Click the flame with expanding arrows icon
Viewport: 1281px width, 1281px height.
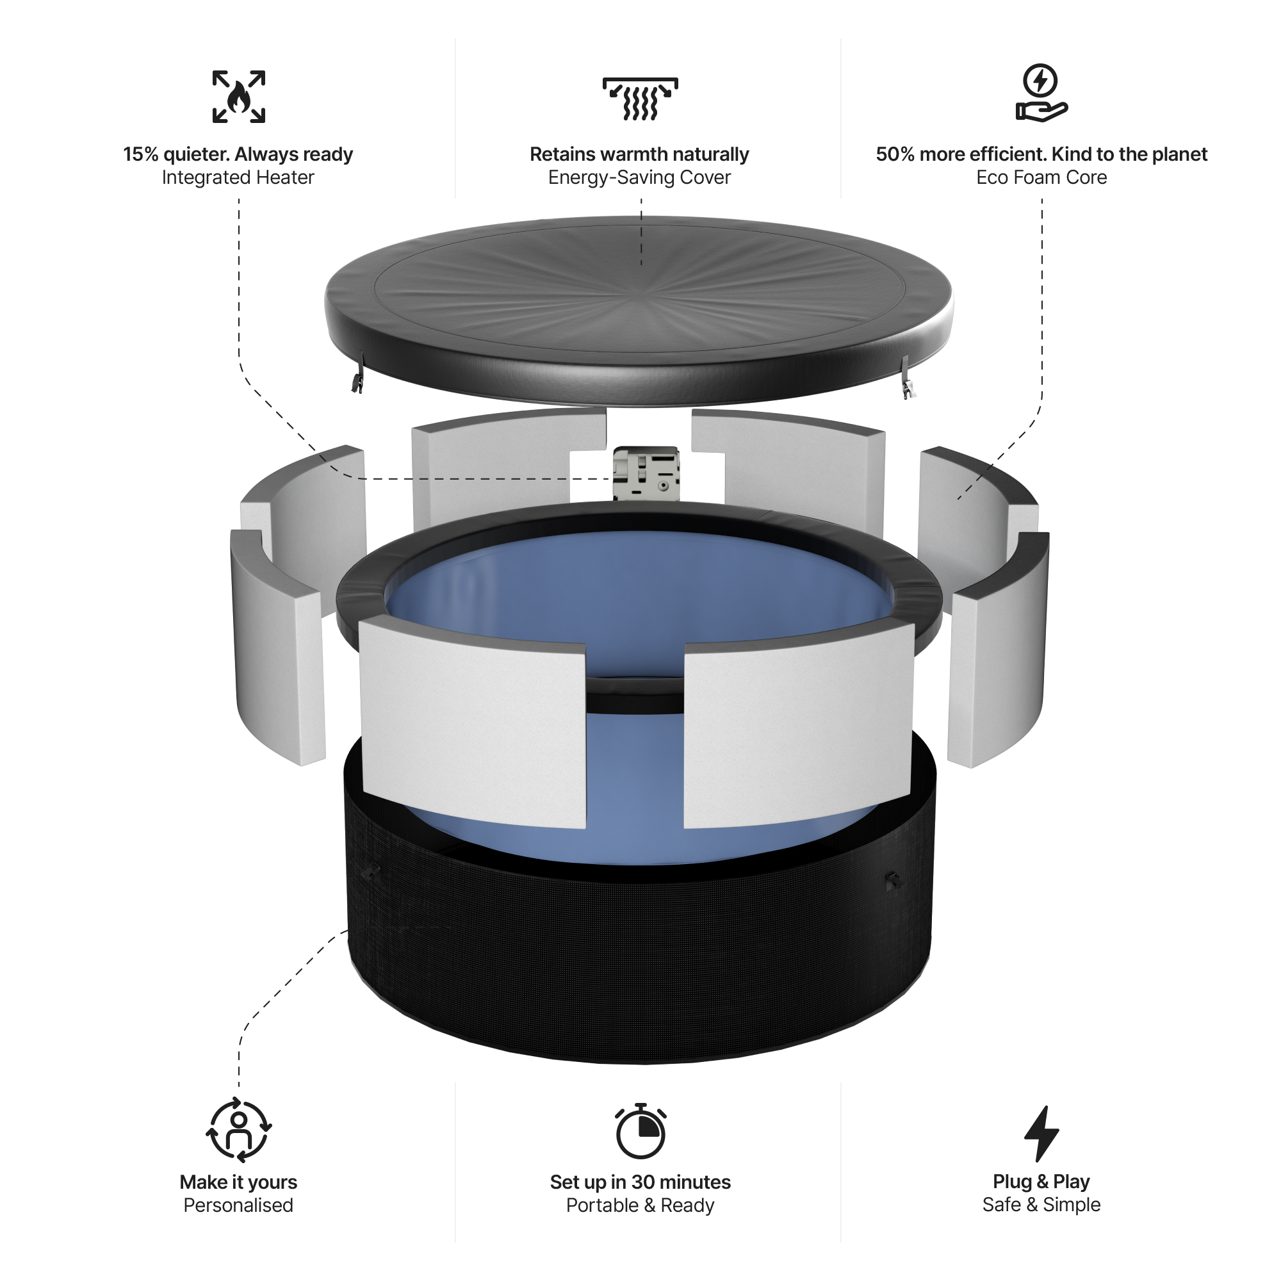[239, 97]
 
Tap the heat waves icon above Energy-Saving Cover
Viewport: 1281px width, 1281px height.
[640, 99]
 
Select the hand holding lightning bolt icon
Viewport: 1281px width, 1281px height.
[1041, 94]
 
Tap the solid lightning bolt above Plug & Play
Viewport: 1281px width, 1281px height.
[1041, 1133]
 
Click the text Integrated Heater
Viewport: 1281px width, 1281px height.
[238, 177]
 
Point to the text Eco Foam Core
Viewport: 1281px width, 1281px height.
[1041, 177]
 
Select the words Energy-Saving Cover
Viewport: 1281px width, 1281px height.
[640, 177]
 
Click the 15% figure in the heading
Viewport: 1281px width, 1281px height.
[140, 154]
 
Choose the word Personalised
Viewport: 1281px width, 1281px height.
[238, 1205]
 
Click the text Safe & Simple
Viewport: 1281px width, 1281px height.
[1041, 1205]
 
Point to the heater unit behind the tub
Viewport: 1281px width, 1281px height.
[646, 473]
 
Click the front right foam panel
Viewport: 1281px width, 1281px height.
[799, 726]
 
